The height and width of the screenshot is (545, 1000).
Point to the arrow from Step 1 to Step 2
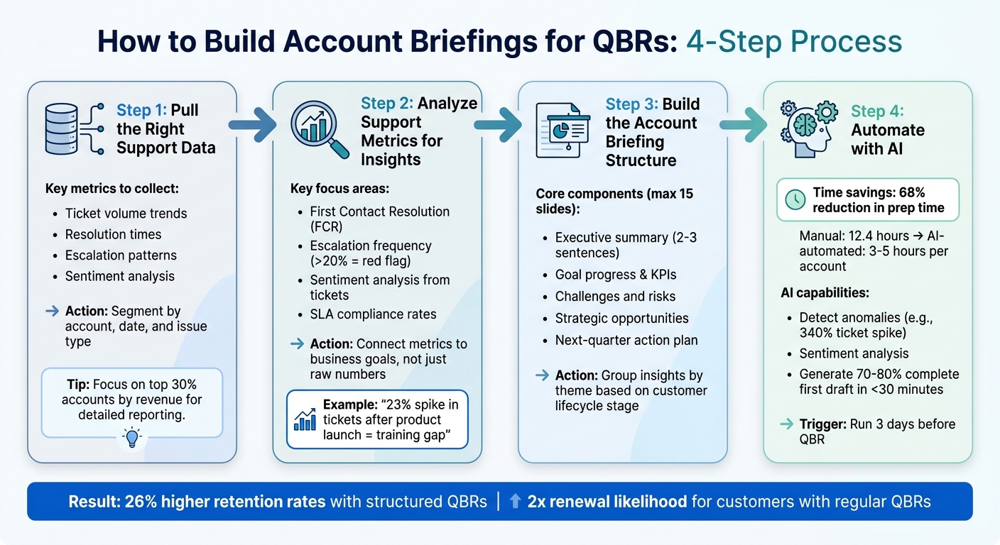tap(253, 125)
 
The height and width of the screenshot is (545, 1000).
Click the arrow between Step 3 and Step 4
tap(743, 125)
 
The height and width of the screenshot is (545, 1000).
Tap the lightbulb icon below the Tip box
tap(131, 438)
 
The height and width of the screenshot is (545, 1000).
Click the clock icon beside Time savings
tap(795, 201)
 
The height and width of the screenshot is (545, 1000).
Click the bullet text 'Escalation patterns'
tap(121, 255)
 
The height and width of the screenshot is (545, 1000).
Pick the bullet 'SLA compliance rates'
tap(373, 314)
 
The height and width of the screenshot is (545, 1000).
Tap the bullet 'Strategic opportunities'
tap(621, 319)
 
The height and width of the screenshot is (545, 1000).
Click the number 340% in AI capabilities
tap(817, 332)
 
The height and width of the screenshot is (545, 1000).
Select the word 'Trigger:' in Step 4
tap(823, 424)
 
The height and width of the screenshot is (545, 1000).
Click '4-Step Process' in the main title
tap(794, 42)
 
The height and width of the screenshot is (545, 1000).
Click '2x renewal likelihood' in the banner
tap(607, 502)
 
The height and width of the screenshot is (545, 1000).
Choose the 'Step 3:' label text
tap(633, 104)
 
